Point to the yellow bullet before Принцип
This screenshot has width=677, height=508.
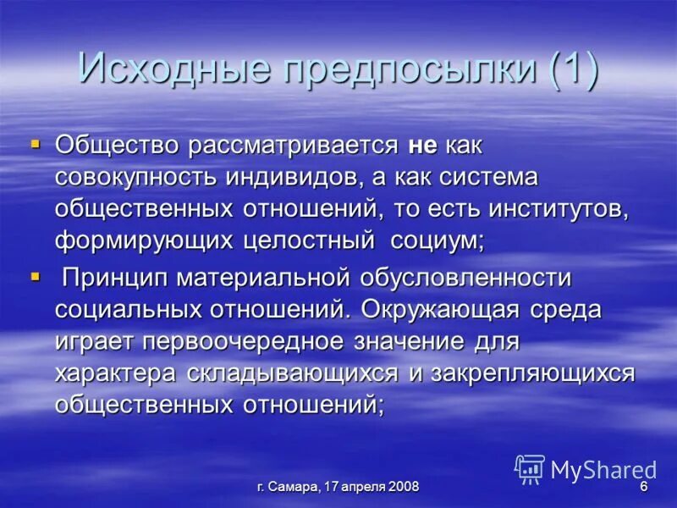tap(36, 275)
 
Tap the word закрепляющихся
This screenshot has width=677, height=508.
tap(532, 373)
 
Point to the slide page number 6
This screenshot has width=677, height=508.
tap(643, 488)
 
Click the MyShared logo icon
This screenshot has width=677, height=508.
tap(530, 469)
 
